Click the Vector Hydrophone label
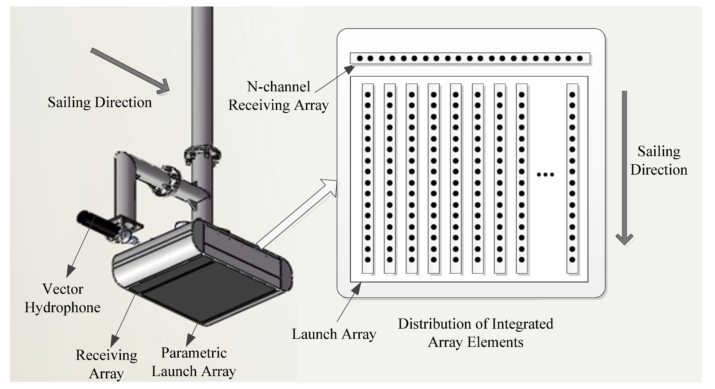pos(62,298)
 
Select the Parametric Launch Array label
pos(194,362)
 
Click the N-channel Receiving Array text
pos(278,96)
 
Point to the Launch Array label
pos(334,334)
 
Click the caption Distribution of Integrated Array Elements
pos(475,333)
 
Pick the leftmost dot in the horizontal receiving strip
pos(360,59)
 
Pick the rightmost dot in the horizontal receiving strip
pos(579,59)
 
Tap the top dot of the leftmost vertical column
pos(368,95)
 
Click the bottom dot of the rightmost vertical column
pos(572,260)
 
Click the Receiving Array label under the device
pos(106,364)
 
